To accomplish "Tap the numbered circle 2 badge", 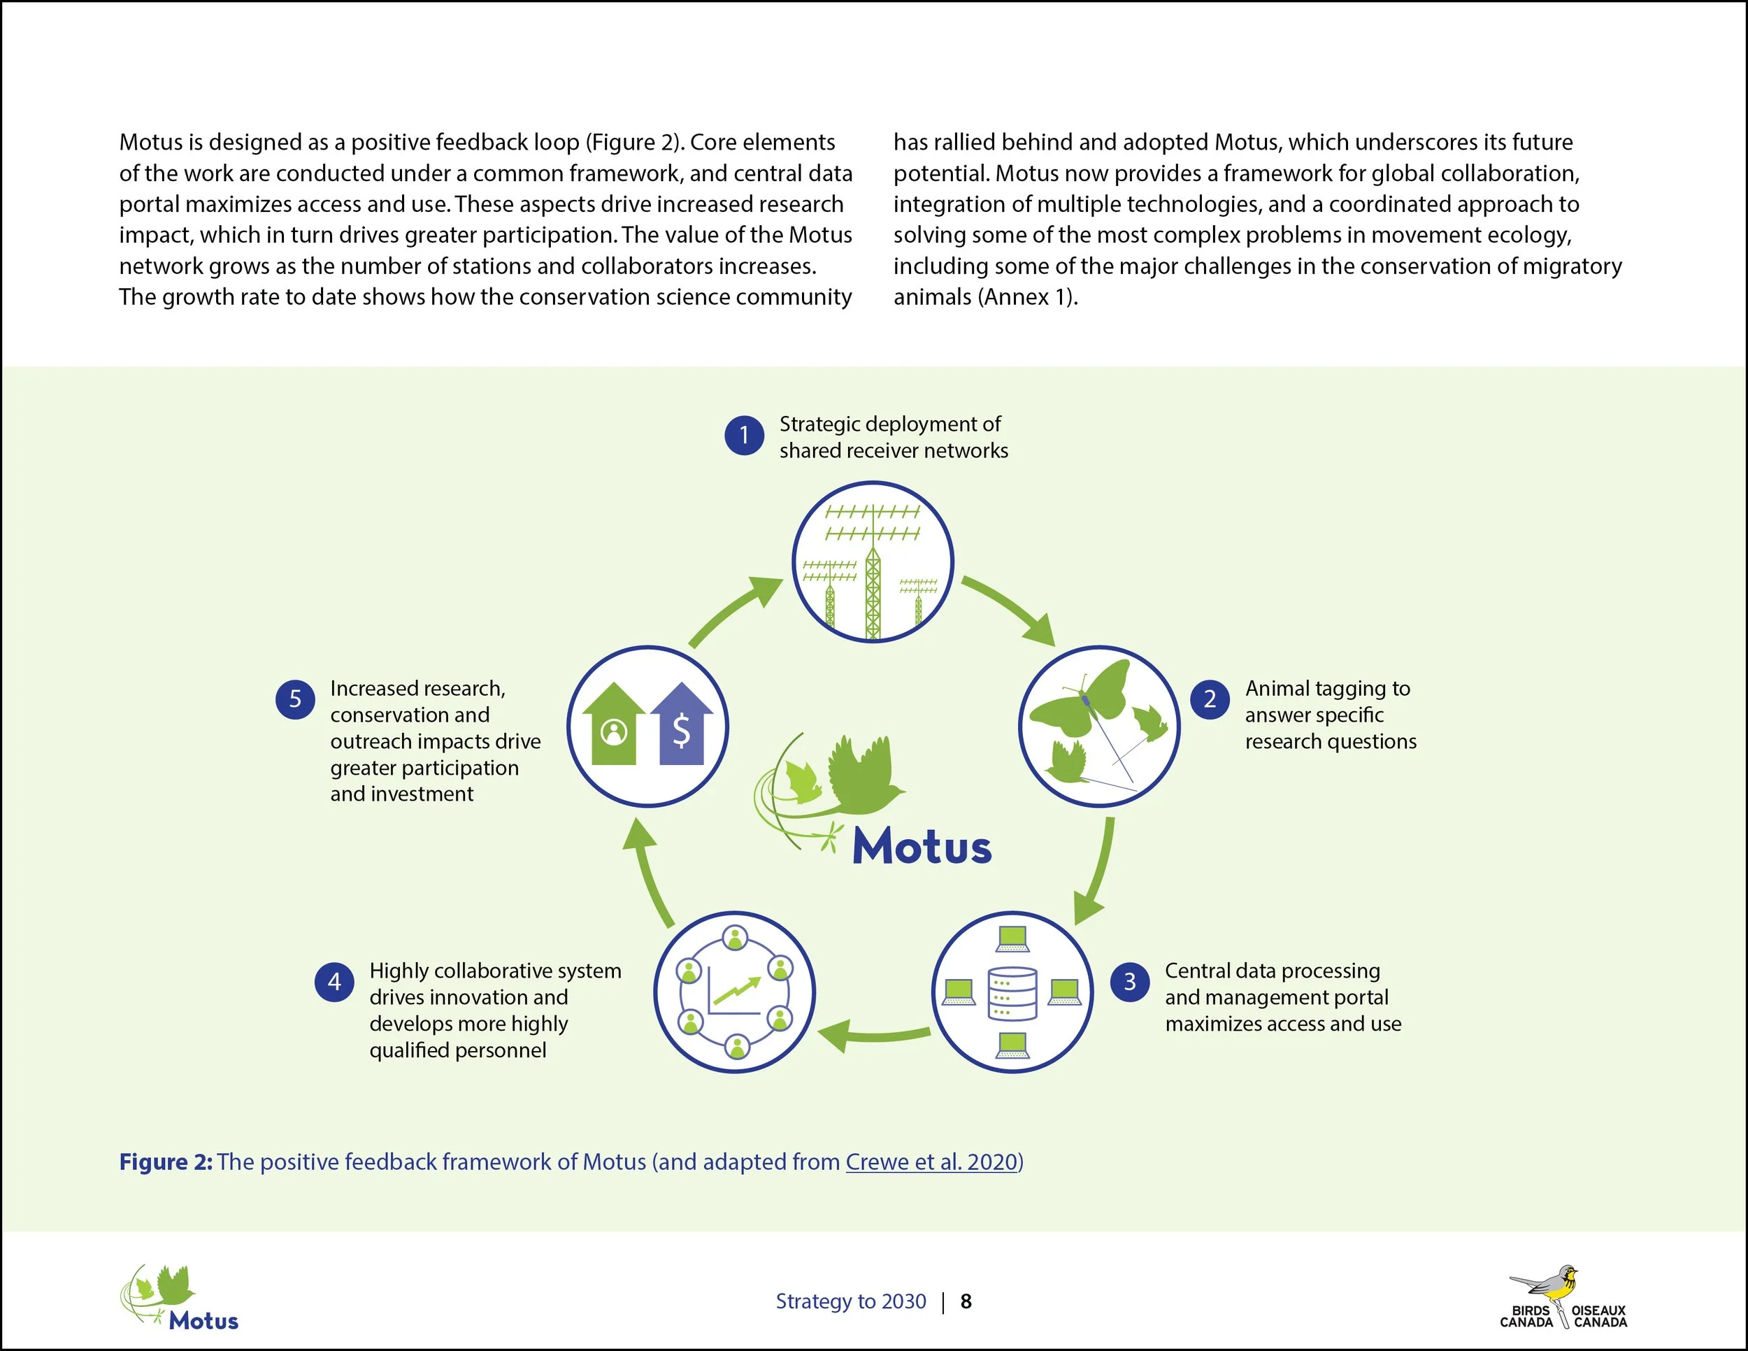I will tap(1210, 699).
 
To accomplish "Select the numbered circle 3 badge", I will tap(1129, 981).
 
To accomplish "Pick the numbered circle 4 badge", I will tap(334, 981).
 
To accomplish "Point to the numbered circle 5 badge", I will tap(295, 699).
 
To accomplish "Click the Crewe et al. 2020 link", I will tap(933, 1161).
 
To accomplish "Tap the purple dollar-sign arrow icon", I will tap(681, 724).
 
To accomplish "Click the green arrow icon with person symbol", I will tap(614, 724).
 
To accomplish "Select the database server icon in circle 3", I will tap(1012, 994).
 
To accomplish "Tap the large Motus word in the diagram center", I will tap(922, 846).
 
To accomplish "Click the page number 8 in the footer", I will tap(966, 1301).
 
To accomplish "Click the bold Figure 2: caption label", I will tap(166, 1161).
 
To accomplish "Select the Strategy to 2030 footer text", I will tap(850, 1301).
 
